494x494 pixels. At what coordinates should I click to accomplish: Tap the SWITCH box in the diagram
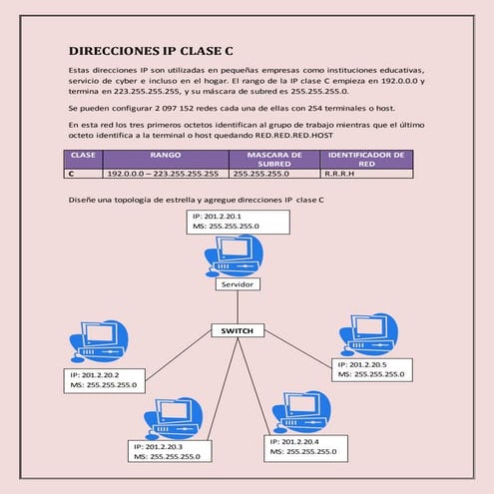click(238, 330)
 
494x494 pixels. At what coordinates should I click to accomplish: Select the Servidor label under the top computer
click(238, 283)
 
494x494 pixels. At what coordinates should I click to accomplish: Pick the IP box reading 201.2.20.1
click(237, 222)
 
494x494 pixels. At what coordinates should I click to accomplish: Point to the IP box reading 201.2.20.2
click(105, 379)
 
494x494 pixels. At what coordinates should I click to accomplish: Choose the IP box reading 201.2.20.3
click(177, 450)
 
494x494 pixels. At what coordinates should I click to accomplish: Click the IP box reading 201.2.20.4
click(310, 446)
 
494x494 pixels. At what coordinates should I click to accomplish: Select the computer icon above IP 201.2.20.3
click(174, 416)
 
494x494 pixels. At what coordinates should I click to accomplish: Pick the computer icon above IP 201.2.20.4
click(300, 411)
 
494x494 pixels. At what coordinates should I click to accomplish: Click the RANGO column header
click(165, 156)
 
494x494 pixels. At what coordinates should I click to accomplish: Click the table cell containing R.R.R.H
click(366, 174)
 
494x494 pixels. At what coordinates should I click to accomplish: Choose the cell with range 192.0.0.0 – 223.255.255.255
click(165, 174)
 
